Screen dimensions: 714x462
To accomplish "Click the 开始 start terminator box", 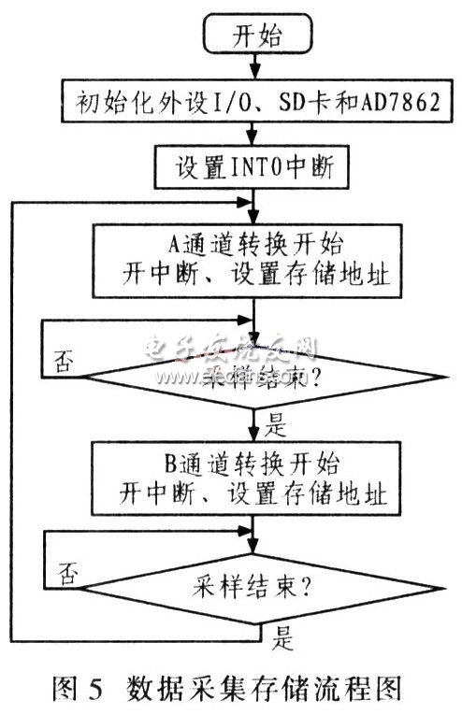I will (252, 38).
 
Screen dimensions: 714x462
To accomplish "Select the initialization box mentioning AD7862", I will (253, 102).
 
